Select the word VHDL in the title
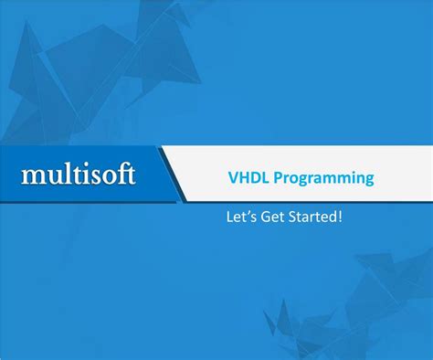[x=245, y=178]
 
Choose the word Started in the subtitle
[x=314, y=218]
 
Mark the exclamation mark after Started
[x=342, y=218]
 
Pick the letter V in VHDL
[x=231, y=178]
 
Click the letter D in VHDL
[x=251, y=178]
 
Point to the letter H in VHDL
[x=240, y=178]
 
